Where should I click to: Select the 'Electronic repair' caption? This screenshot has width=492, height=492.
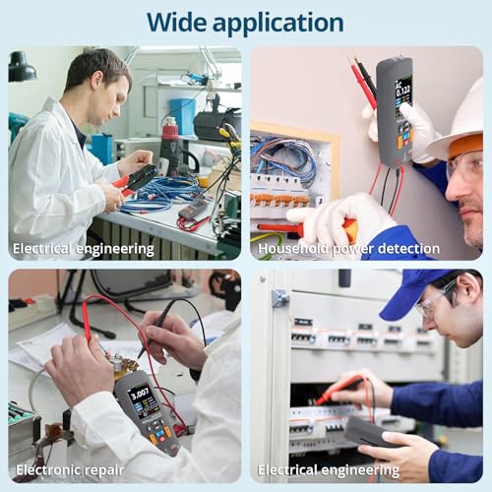(x=68, y=469)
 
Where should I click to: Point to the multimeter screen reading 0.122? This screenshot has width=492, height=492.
(x=403, y=96)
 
